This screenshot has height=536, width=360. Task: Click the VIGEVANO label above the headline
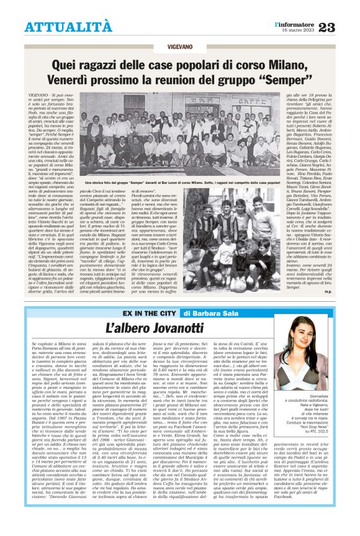[x=180, y=47]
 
